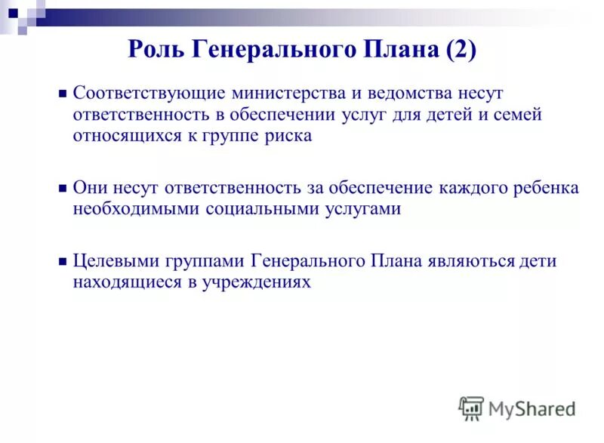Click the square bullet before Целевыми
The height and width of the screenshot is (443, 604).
(x=63, y=262)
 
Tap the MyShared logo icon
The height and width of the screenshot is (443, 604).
(x=470, y=408)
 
